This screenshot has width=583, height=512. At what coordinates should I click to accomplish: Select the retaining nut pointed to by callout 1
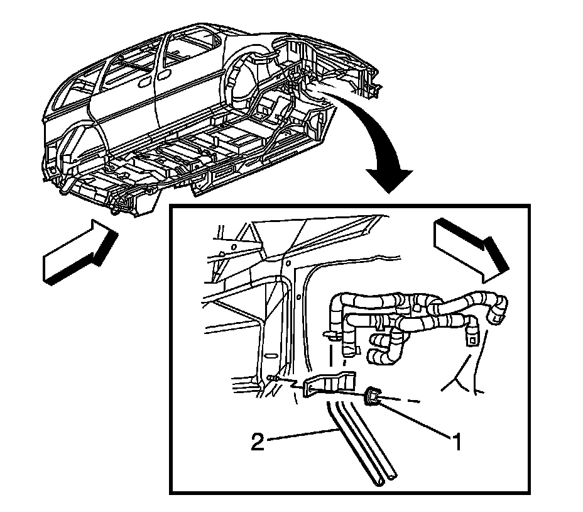point(373,397)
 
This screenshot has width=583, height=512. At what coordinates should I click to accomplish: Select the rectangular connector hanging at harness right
point(471,338)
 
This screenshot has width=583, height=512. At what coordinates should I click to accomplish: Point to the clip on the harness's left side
point(329,333)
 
